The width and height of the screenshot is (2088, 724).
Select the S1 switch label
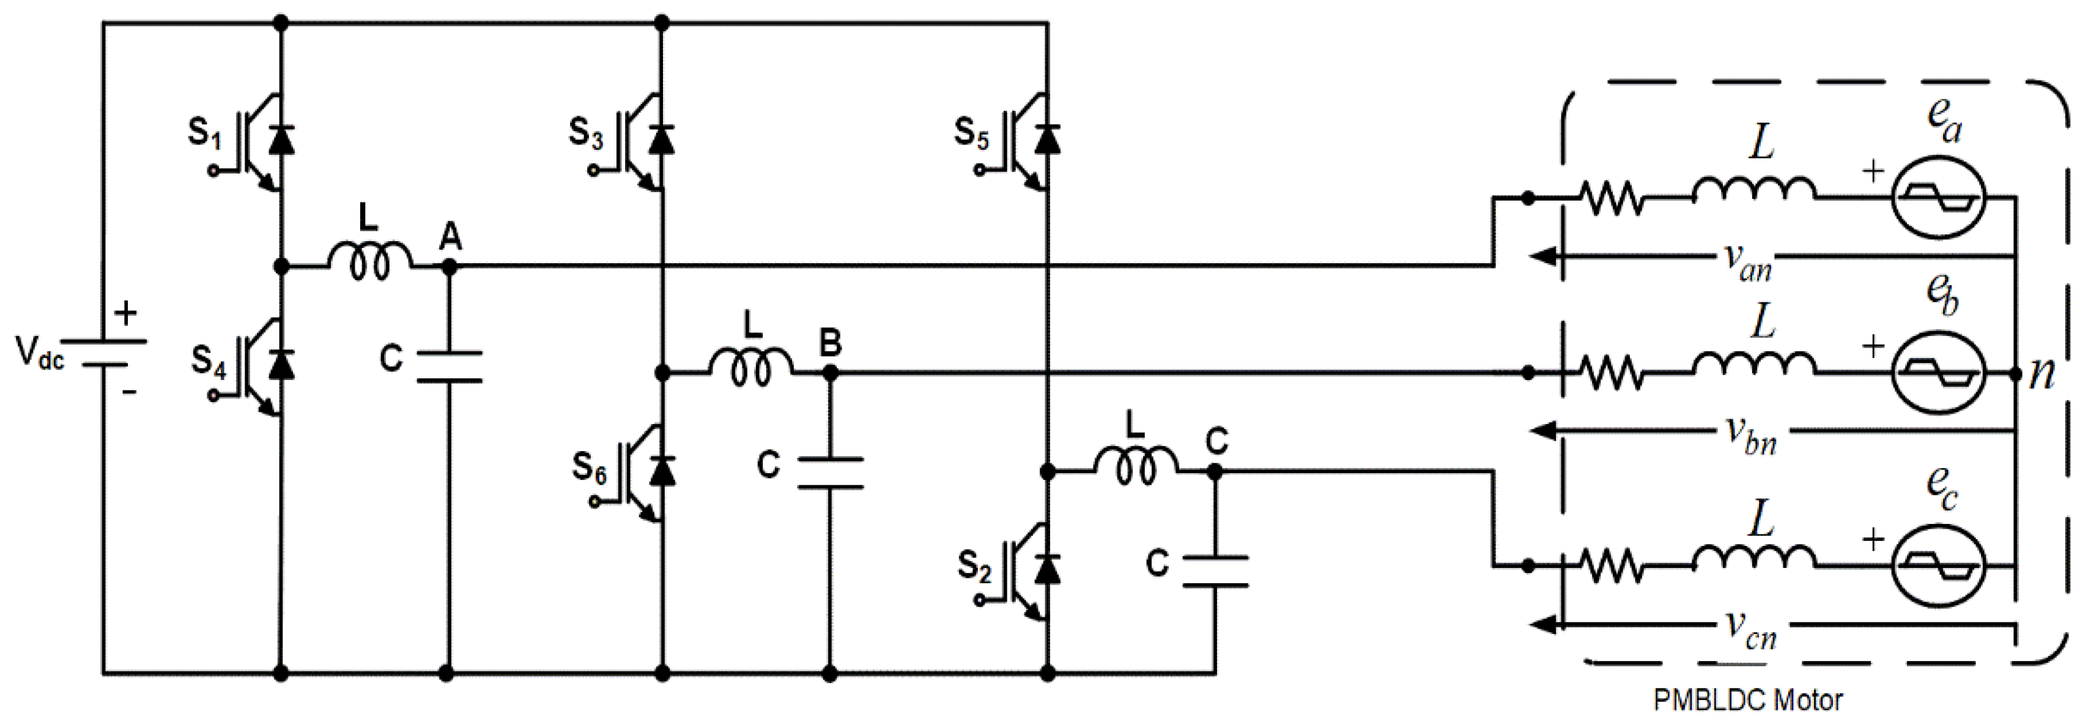click(204, 134)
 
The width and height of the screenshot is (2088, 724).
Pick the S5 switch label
click(971, 134)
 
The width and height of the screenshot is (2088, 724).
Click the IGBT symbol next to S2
click(1024, 572)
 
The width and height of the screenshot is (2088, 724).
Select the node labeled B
click(829, 373)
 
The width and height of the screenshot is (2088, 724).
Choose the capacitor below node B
click(829, 472)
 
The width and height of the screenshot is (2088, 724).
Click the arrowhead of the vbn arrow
click(1541, 430)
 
